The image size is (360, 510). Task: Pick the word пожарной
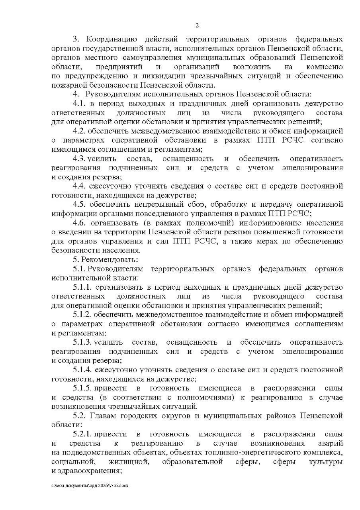pos(68,85)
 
